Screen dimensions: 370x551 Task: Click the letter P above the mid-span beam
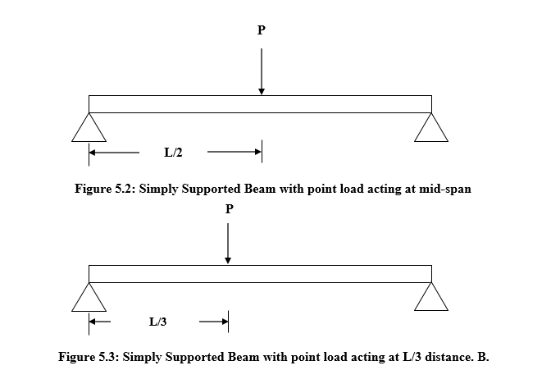coord(262,30)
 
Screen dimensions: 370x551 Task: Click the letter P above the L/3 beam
coord(229,209)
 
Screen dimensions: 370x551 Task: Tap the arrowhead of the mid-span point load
coord(262,89)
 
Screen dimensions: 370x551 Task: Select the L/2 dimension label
coord(173,152)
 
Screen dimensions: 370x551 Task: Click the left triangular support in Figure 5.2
coord(89,129)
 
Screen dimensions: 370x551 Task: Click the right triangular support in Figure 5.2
coord(431,129)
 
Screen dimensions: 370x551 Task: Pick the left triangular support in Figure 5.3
coord(89,299)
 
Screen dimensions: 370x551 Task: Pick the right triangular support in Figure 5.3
coord(431,299)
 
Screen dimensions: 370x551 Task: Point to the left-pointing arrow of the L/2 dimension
coord(114,152)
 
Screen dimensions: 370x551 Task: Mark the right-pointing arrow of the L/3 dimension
coord(214,321)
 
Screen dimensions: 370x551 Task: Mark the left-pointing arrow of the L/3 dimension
coord(100,321)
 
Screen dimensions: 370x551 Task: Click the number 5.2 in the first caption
coord(123,188)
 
